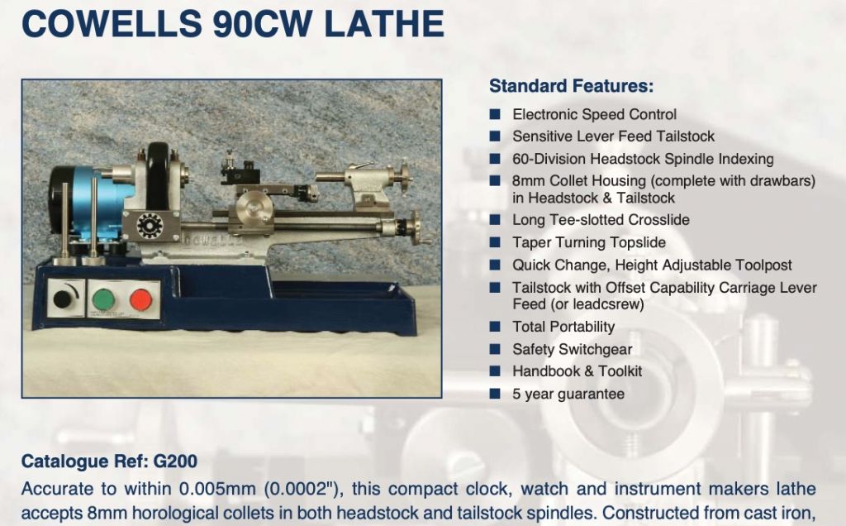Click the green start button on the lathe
pyautogui.click(x=103, y=299)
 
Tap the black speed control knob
pyautogui.click(x=62, y=299)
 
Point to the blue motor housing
pyautogui.click(x=94, y=203)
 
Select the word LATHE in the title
pyautogui.click(x=384, y=24)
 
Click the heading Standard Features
pyautogui.click(x=572, y=86)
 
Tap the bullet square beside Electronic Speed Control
pyautogui.click(x=495, y=114)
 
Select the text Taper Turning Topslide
pyautogui.click(x=589, y=242)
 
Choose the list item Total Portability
pyautogui.click(x=563, y=327)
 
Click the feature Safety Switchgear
pyautogui.click(x=573, y=349)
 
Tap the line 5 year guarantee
pyautogui.click(x=568, y=394)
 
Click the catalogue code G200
pyautogui.click(x=175, y=461)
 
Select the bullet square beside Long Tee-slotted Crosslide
pyautogui.click(x=495, y=220)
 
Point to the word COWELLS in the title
pyautogui.click(x=112, y=24)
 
